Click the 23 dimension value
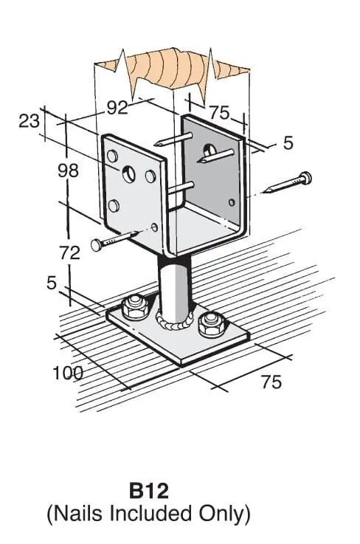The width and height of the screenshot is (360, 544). click(x=29, y=122)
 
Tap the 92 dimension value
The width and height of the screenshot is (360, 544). click(x=117, y=108)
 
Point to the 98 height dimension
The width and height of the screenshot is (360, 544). click(x=69, y=171)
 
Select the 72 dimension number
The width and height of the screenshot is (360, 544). click(x=69, y=253)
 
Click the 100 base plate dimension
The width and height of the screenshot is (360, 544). click(x=68, y=373)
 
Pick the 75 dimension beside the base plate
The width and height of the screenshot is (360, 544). click(x=271, y=382)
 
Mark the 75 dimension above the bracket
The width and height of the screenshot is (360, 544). click(x=220, y=113)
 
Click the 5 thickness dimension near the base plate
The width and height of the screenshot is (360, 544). click(x=52, y=283)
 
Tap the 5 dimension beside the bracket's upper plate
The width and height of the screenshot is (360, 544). click(x=288, y=143)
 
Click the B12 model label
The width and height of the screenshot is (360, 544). click(x=149, y=491)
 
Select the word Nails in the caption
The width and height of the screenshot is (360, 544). click(x=79, y=514)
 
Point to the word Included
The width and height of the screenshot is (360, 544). click(x=150, y=514)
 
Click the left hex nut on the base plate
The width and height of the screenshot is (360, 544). click(x=135, y=307)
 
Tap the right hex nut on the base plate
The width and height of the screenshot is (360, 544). click(x=210, y=324)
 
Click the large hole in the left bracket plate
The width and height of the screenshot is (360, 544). click(x=128, y=173)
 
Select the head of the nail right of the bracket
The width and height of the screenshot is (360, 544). click(x=306, y=178)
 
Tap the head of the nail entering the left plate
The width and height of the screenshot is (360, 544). click(x=96, y=244)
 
